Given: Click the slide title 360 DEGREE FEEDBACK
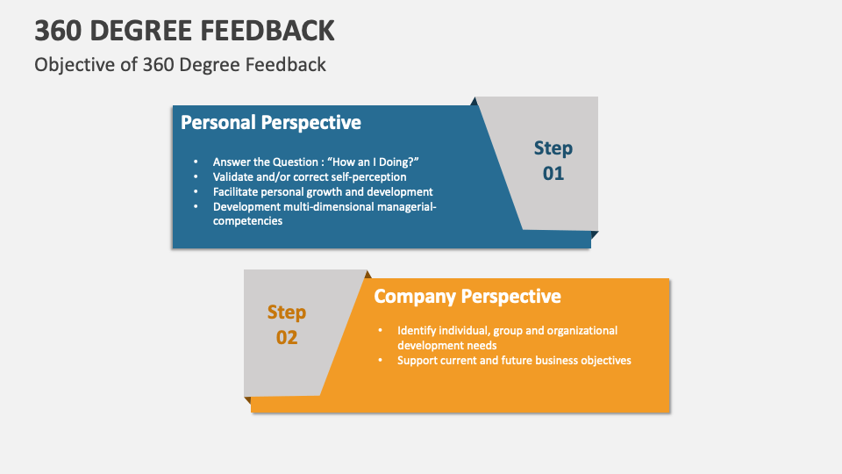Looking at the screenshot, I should (x=184, y=31).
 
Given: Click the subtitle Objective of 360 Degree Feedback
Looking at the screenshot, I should (x=180, y=64).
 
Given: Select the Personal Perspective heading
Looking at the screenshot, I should (x=270, y=122).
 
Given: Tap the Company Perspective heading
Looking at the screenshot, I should (x=467, y=296).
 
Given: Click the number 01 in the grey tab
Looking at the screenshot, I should (x=553, y=173).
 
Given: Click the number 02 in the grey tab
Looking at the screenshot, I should (x=287, y=337).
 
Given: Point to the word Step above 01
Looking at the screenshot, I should (x=553, y=147).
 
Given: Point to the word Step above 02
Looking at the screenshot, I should (x=287, y=312).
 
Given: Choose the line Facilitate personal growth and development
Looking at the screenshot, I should (x=323, y=191).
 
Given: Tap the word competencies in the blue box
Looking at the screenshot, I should (x=247, y=221).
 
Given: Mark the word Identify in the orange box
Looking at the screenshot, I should (x=417, y=331).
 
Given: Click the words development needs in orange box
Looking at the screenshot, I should (x=446, y=345).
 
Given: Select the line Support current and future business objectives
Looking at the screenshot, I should (x=514, y=360).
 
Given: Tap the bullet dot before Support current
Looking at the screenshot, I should (x=381, y=361).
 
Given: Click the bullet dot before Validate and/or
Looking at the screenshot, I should (x=196, y=177).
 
